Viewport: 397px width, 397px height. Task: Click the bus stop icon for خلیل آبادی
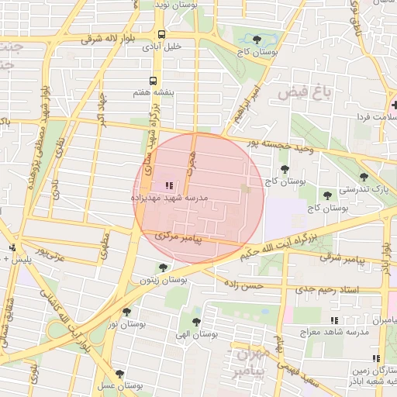coord(161,34)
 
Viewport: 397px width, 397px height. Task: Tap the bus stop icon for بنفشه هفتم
coord(153,81)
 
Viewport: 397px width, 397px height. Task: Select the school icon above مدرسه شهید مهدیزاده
coord(169,185)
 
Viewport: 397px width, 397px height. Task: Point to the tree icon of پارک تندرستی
coord(364,177)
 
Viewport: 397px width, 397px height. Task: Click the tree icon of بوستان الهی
coord(194,321)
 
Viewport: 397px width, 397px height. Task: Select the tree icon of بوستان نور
coord(127,312)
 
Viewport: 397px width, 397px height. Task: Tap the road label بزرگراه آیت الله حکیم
coord(288,239)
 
